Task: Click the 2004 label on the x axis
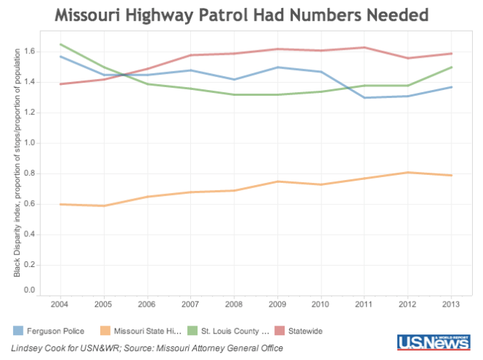[x=60, y=302]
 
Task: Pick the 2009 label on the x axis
[x=277, y=302]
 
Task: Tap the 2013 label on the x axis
[x=452, y=302]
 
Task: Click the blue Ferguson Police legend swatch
[x=19, y=330]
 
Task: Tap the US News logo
[x=433, y=342]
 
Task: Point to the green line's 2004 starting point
[x=60, y=44]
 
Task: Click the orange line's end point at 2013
[x=452, y=175]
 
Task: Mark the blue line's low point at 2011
[x=364, y=97]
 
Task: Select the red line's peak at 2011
[x=364, y=47]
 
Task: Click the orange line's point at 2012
[x=408, y=172]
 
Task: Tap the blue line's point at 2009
[x=277, y=67]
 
